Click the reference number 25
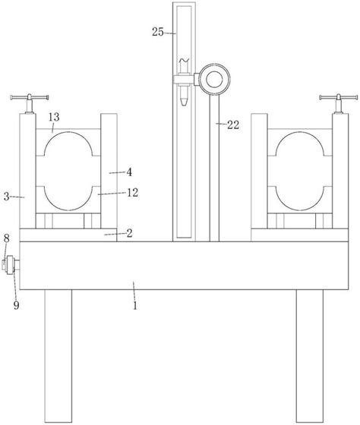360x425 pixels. pyautogui.click(x=158, y=32)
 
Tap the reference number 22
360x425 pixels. pyautogui.click(x=233, y=125)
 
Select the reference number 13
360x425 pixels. pyautogui.click(x=54, y=117)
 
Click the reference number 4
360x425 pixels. pyautogui.click(x=129, y=172)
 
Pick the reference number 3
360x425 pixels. pyautogui.click(x=7, y=197)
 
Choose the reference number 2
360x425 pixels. pyautogui.click(x=129, y=233)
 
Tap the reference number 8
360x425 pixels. pyautogui.click(x=7, y=238)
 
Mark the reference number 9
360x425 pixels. pyautogui.click(x=16, y=305)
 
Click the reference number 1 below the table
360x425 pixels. pyautogui.click(x=135, y=306)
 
